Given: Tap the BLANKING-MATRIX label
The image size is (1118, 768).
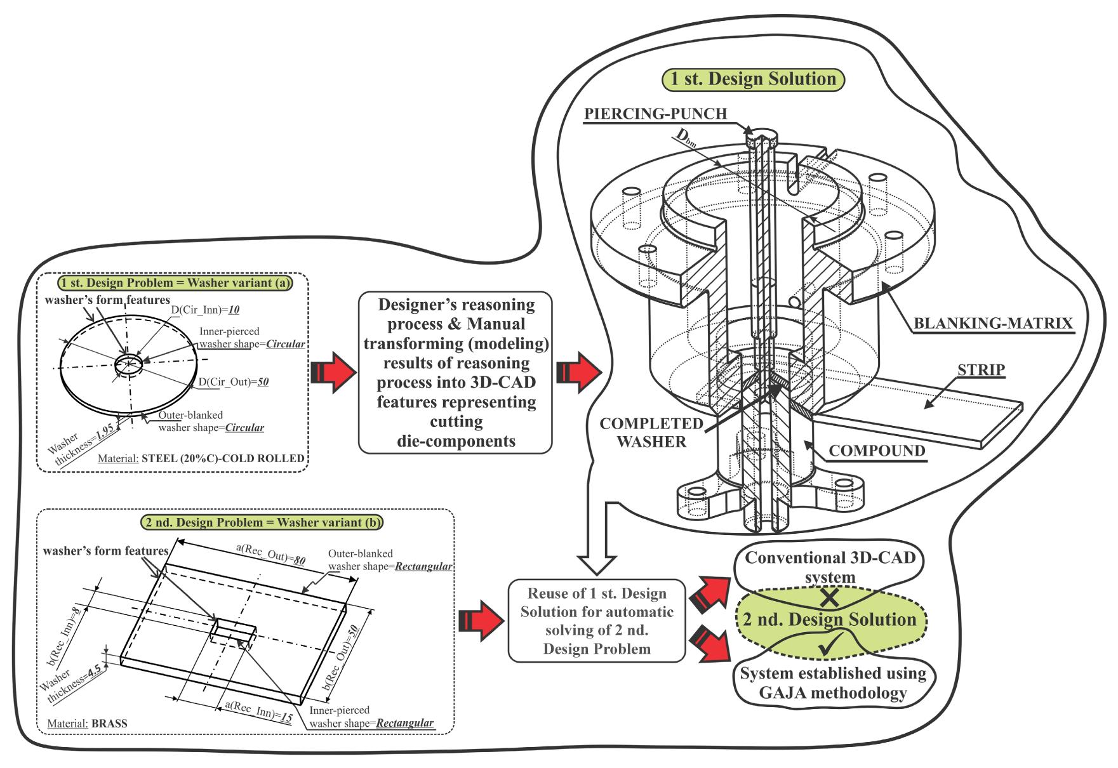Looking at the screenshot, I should coord(993,323).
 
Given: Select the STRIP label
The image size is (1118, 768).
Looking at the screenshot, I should coord(981,369).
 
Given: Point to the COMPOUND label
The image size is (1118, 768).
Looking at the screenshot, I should coord(877,451).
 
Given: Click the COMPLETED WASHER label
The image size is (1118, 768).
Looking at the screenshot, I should coord(651,433).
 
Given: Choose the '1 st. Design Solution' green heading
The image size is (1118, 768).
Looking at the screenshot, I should coord(753,79).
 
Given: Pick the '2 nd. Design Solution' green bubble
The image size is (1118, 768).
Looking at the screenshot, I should coord(830,619).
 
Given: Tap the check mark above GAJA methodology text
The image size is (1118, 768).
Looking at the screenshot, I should coord(830,647).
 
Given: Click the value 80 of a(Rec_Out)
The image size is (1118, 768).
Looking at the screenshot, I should coord(299,560).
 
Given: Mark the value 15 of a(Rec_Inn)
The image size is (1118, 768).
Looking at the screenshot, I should coord(286,716).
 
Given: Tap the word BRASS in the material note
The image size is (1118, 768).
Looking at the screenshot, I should coord(109,723).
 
